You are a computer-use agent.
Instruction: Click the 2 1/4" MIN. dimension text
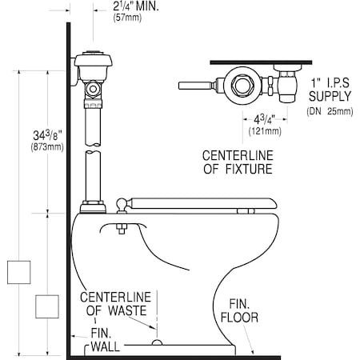tap(136, 6)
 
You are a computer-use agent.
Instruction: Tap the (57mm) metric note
tap(127, 18)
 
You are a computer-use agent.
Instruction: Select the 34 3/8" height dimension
tap(47, 135)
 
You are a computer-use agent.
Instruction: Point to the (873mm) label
tap(47, 147)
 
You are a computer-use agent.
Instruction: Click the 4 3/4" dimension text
tap(264, 119)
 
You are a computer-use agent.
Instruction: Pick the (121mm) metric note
tap(265, 131)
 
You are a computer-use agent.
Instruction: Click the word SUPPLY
tap(330, 96)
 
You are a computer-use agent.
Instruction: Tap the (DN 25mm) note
tap(330, 111)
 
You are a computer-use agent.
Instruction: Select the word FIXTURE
tap(249, 169)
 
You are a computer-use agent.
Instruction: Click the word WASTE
tap(127, 310)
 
